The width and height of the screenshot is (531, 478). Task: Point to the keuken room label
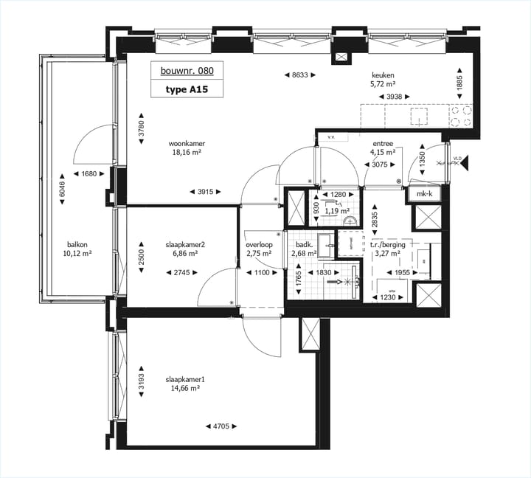pos(383,75)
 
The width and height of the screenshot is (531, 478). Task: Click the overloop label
pos(260,245)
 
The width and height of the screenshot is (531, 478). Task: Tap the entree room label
pos(383,143)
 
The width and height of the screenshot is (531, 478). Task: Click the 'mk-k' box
pos(425,194)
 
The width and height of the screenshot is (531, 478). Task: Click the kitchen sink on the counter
pos(419,116)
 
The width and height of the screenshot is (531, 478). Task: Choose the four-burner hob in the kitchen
pos(462,116)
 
